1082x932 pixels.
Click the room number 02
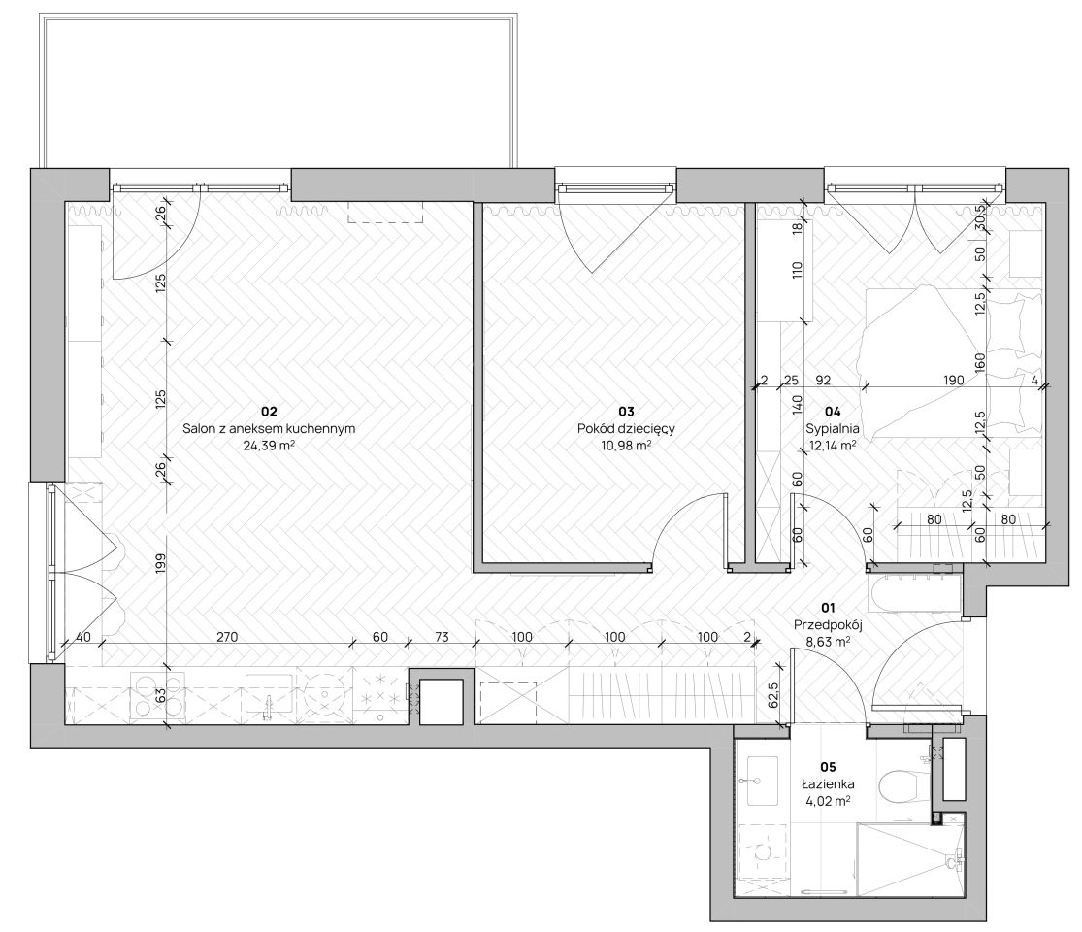(x=269, y=412)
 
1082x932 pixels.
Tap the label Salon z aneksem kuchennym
(x=269, y=429)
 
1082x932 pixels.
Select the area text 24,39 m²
(x=269, y=446)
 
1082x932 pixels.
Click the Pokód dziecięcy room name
(x=626, y=429)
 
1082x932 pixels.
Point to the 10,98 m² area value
(x=626, y=446)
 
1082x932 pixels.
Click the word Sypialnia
(x=833, y=429)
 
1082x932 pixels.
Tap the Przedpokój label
(x=828, y=625)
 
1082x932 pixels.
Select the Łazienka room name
(x=828, y=784)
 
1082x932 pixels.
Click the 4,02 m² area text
(x=828, y=802)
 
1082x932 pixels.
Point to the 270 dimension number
(x=227, y=637)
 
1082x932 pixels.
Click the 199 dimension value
(x=160, y=565)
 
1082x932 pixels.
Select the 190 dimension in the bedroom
(x=954, y=380)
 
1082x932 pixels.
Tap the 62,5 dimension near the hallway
(x=773, y=695)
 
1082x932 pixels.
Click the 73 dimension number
(x=441, y=637)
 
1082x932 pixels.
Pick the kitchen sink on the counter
(x=269, y=697)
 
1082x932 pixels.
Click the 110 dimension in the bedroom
(x=798, y=269)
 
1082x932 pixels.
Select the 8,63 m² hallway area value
(x=828, y=642)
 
